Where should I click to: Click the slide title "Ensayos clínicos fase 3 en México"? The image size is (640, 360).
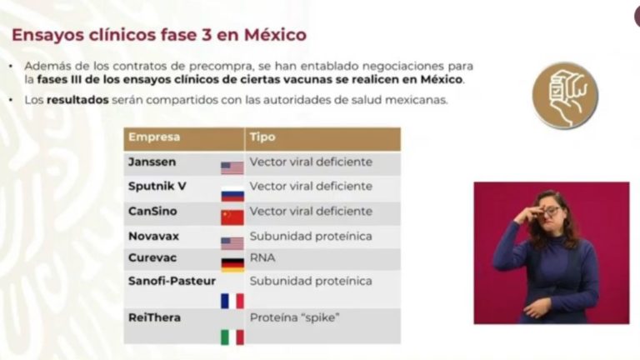(x=159, y=35)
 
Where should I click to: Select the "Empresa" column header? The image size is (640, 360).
(x=154, y=137)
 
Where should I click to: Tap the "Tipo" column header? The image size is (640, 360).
(x=262, y=137)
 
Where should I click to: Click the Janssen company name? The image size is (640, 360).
(x=152, y=162)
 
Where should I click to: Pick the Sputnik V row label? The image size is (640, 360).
(x=157, y=186)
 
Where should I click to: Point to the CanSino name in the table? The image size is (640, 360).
(x=152, y=211)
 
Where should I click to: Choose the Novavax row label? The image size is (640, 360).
(x=153, y=237)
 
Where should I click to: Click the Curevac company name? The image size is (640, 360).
(x=152, y=258)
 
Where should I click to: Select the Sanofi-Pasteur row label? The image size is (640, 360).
(x=172, y=281)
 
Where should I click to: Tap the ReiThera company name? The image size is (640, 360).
(x=154, y=317)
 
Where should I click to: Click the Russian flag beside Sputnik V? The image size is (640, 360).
(x=232, y=195)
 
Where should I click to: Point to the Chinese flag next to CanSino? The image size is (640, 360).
(x=232, y=217)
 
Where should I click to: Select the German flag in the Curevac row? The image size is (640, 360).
(x=232, y=265)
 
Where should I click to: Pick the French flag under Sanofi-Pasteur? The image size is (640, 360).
(x=232, y=301)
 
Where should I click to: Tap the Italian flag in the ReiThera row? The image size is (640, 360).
(x=232, y=337)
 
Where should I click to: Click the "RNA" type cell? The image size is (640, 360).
(x=262, y=258)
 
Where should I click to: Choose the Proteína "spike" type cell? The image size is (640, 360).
(x=295, y=317)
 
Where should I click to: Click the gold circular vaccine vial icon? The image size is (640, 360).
(x=565, y=96)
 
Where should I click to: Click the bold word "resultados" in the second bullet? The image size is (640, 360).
(x=77, y=100)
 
